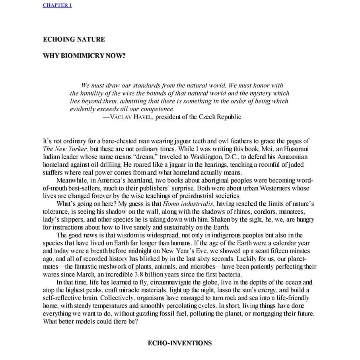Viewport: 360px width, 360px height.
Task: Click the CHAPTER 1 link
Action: click(57, 5)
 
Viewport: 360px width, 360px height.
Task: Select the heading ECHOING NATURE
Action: click(74, 39)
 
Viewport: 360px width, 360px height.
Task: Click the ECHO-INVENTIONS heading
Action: click(179, 343)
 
